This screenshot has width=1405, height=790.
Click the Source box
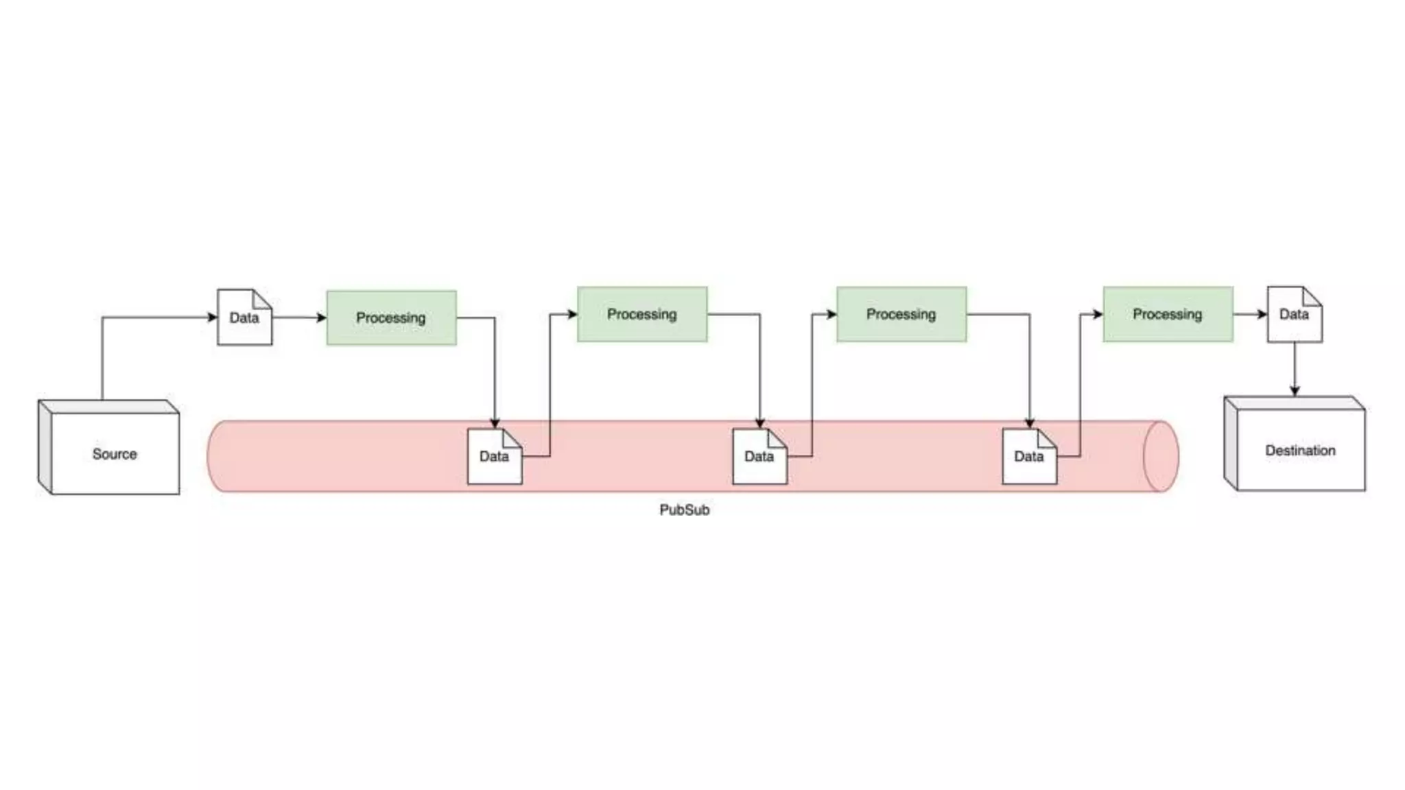point(114,453)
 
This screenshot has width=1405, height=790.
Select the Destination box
point(1300,450)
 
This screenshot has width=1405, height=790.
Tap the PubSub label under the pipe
point(684,510)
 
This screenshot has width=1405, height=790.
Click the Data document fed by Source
point(244,318)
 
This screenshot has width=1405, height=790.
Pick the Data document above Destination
point(1294,314)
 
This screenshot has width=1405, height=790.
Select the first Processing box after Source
point(391,318)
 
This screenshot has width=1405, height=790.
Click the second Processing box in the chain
point(642,314)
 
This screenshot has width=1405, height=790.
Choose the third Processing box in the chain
point(901,314)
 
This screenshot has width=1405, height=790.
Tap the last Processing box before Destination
point(1168,314)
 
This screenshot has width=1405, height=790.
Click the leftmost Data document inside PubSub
point(494,456)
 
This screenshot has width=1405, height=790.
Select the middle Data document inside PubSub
point(759,456)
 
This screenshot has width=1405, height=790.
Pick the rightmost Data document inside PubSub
point(1028,456)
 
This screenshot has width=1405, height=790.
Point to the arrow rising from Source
point(102,357)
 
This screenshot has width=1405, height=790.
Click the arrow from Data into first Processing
point(299,318)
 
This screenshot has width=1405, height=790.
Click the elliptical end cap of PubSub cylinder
point(1161,456)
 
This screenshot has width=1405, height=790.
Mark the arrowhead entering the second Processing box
point(571,314)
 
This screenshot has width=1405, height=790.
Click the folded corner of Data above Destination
point(1312,296)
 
